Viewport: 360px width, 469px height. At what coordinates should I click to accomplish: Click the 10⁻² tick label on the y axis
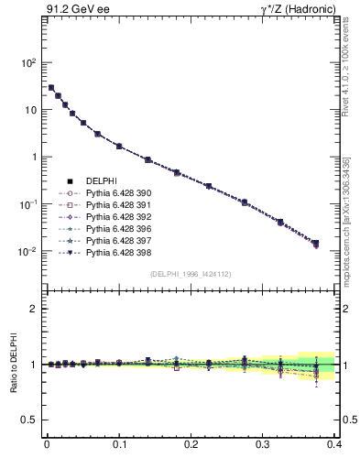click(29, 251)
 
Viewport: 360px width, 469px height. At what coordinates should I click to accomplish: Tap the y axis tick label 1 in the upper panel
click(35, 157)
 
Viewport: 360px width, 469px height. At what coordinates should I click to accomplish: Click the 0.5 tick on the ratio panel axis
click(31, 420)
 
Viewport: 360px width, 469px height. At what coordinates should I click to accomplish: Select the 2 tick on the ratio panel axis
click(35, 309)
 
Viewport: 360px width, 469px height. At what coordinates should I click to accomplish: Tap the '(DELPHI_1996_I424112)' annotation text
click(191, 273)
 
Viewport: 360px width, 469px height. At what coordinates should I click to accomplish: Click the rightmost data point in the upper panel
click(316, 244)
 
